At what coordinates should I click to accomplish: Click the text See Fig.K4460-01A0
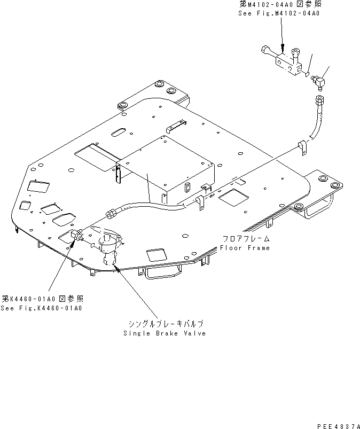tap(42, 308)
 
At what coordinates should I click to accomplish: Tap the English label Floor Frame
tap(245, 247)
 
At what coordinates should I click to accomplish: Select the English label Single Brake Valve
tap(164, 333)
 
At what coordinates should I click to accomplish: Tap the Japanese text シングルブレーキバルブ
tap(166, 324)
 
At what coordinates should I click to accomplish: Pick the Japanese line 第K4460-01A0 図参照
tap(43, 299)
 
